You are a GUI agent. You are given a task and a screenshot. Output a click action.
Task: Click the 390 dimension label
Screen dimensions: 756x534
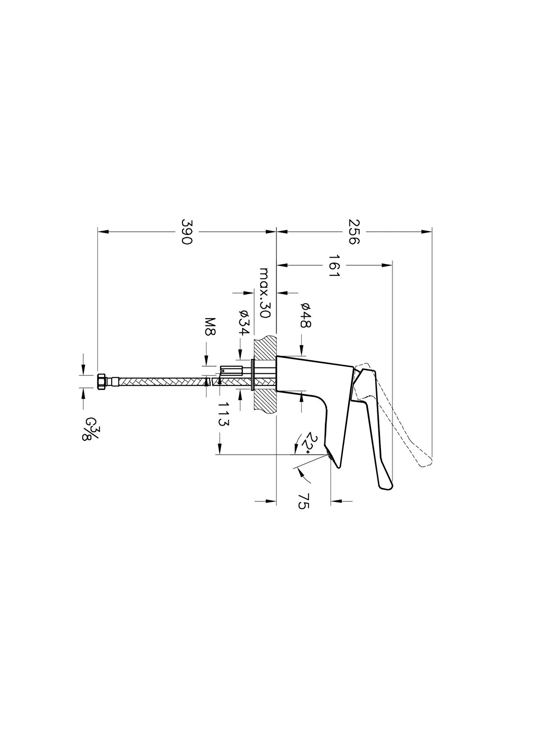pos(186,231)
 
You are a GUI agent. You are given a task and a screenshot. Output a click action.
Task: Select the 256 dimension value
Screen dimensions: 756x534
pos(353,231)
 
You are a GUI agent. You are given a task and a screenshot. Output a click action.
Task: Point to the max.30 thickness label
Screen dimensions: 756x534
pos(264,292)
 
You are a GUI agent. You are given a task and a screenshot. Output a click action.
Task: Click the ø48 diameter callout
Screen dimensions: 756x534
pos(305,315)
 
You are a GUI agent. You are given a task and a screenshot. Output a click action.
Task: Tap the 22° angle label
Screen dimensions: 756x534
pos(307,443)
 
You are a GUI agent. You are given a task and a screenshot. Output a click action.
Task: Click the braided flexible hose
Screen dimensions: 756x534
pos(160,381)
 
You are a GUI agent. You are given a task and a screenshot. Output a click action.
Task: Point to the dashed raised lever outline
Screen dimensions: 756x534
pos(400,414)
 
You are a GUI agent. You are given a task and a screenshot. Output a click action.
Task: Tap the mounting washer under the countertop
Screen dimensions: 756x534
pos(253,375)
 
